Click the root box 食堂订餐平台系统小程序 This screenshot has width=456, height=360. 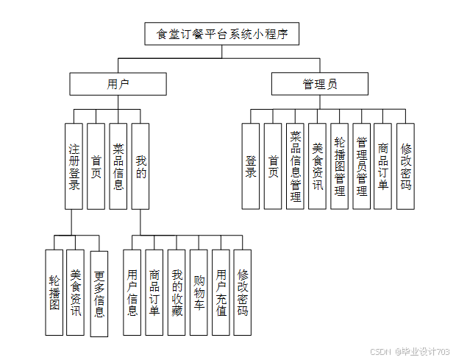[x=221, y=34]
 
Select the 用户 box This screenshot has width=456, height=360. [x=118, y=84]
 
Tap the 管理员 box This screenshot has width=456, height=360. [x=319, y=84]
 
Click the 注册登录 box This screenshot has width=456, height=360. [x=74, y=166]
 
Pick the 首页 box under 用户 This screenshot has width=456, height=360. [x=96, y=166]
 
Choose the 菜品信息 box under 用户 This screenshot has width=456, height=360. [x=118, y=166]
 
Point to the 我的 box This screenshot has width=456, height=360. [x=140, y=166]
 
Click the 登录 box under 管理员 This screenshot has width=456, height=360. [x=251, y=166]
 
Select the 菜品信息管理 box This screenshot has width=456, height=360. [x=295, y=166]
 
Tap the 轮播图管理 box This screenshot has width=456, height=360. [x=339, y=166]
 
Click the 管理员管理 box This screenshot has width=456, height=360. [x=361, y=166]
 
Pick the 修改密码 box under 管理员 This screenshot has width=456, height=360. [x=405, y=166]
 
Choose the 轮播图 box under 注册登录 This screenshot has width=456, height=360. [x=54, y=293]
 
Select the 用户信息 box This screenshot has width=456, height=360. [x=132, y=293]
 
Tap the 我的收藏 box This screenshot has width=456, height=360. [x=176, y=293]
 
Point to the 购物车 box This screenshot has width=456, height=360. [x=198, y=293]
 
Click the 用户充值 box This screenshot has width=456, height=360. [x=221, y=293]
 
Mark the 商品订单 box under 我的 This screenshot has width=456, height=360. [x=154, y=293]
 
